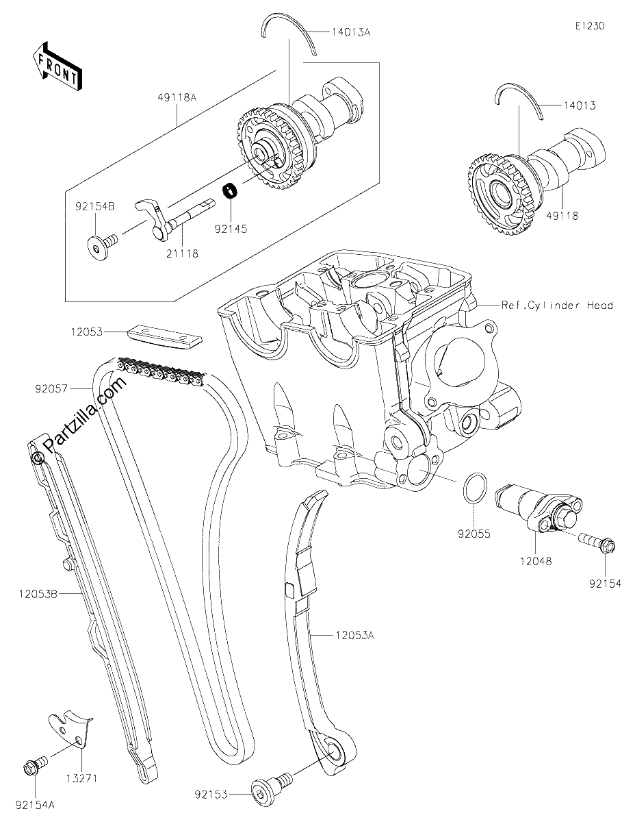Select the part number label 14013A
click(351, 32)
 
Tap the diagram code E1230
click(590, 26)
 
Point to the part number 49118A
click(177, 97)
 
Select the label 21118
click(182, 253)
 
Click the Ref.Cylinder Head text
click(557, 306)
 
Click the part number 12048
click(536, 560)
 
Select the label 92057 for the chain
click(51, 388)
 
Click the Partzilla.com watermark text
click(86, 415)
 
